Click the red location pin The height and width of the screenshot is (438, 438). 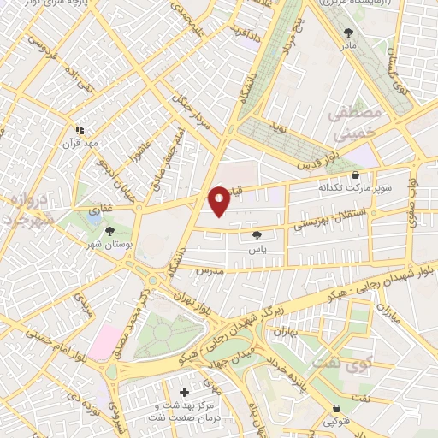219,200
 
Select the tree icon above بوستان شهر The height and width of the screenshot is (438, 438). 109,231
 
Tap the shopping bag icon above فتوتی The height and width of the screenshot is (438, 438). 336,409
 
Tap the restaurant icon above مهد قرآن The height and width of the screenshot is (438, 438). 80,130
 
